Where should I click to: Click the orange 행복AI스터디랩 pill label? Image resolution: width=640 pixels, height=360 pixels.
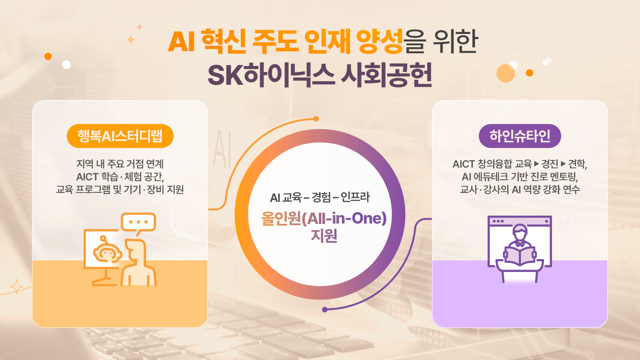pos(120,136)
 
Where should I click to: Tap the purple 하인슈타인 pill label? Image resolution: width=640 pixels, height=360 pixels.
pos(520,136)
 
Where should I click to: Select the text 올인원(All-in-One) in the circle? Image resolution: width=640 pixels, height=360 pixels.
pos(324,218)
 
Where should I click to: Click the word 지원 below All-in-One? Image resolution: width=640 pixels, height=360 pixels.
pos(324,236)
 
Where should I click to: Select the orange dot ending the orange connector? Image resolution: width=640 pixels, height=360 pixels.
pos(316,119)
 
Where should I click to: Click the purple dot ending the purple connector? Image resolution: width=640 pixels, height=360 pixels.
pos(324,310)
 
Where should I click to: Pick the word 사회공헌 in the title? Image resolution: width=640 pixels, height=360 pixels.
pos(386,75)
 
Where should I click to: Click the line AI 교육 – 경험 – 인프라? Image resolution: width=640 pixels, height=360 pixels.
pos(320,198)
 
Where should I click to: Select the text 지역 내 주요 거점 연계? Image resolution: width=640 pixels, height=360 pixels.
pos(120,164)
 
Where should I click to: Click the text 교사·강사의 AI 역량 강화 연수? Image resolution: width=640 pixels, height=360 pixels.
pos(520,190)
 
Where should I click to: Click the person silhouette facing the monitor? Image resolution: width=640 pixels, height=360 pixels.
pos(138,263)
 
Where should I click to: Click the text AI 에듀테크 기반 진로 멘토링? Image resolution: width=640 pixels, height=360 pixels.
pos(520,177)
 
